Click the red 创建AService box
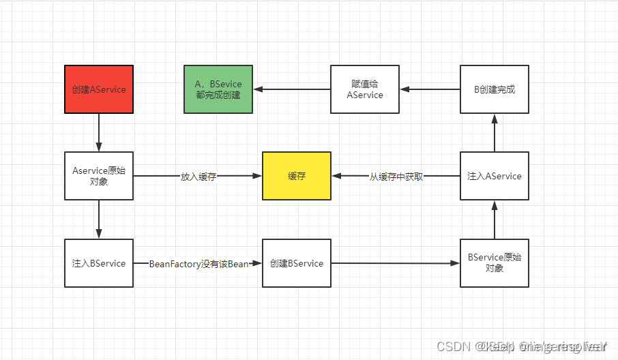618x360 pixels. (x=99, y=89)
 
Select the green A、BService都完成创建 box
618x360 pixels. (x=218, y=89)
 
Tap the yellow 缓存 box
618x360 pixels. (x=297, y=176)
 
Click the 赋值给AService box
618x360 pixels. (x=365, y=89)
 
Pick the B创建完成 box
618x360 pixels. (x=495, y=89)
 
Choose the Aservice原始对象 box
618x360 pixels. (x=99, y=176)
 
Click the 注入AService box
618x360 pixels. (x=495, y=176)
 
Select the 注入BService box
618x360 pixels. (x=99, y=263)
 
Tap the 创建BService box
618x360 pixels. (x=297, y=263)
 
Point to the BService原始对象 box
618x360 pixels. (x=495, y=263)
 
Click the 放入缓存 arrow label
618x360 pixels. (x=198, y=177)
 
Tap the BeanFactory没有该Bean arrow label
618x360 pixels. (x=198, y=264)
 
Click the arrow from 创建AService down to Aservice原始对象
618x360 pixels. (x=99, y=132)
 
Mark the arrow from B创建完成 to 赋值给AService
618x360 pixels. (x=430, y=89)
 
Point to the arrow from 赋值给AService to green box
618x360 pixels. (x=291, y=89)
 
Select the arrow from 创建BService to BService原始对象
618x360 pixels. (x=396, y=263)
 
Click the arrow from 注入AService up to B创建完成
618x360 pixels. (x=495, y=132)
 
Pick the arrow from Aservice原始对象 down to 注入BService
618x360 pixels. (x=99, y=219)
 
